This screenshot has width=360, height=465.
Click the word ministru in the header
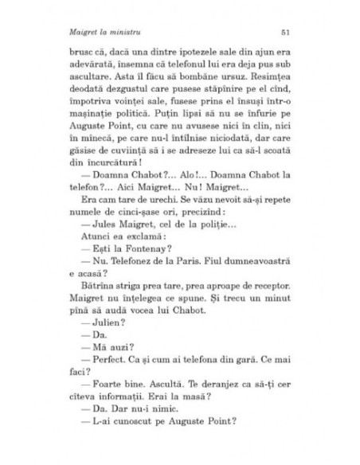click(116, 32)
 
